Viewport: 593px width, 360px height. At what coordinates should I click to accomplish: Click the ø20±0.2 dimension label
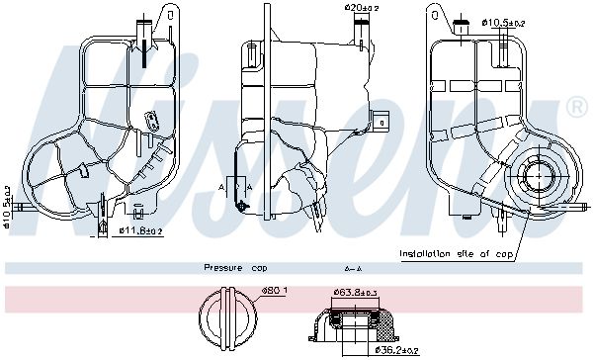tap(362, 8)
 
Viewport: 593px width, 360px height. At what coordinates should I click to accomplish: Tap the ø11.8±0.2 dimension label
tap(140, 230)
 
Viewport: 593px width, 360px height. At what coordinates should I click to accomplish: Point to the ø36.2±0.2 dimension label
tap(396, 350)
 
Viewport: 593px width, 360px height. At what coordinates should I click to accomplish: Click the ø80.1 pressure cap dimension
tap(275, 291)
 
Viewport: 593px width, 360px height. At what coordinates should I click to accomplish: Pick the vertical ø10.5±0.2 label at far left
tap(7, 207)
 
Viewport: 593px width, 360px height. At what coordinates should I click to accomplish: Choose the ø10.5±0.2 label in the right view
tap(504, 23)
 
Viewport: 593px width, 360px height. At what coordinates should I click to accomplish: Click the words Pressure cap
tap(235, 268)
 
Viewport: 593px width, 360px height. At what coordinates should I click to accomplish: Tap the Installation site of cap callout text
tap(456, 253)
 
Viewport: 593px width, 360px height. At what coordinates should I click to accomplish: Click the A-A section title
tap(353, 269)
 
